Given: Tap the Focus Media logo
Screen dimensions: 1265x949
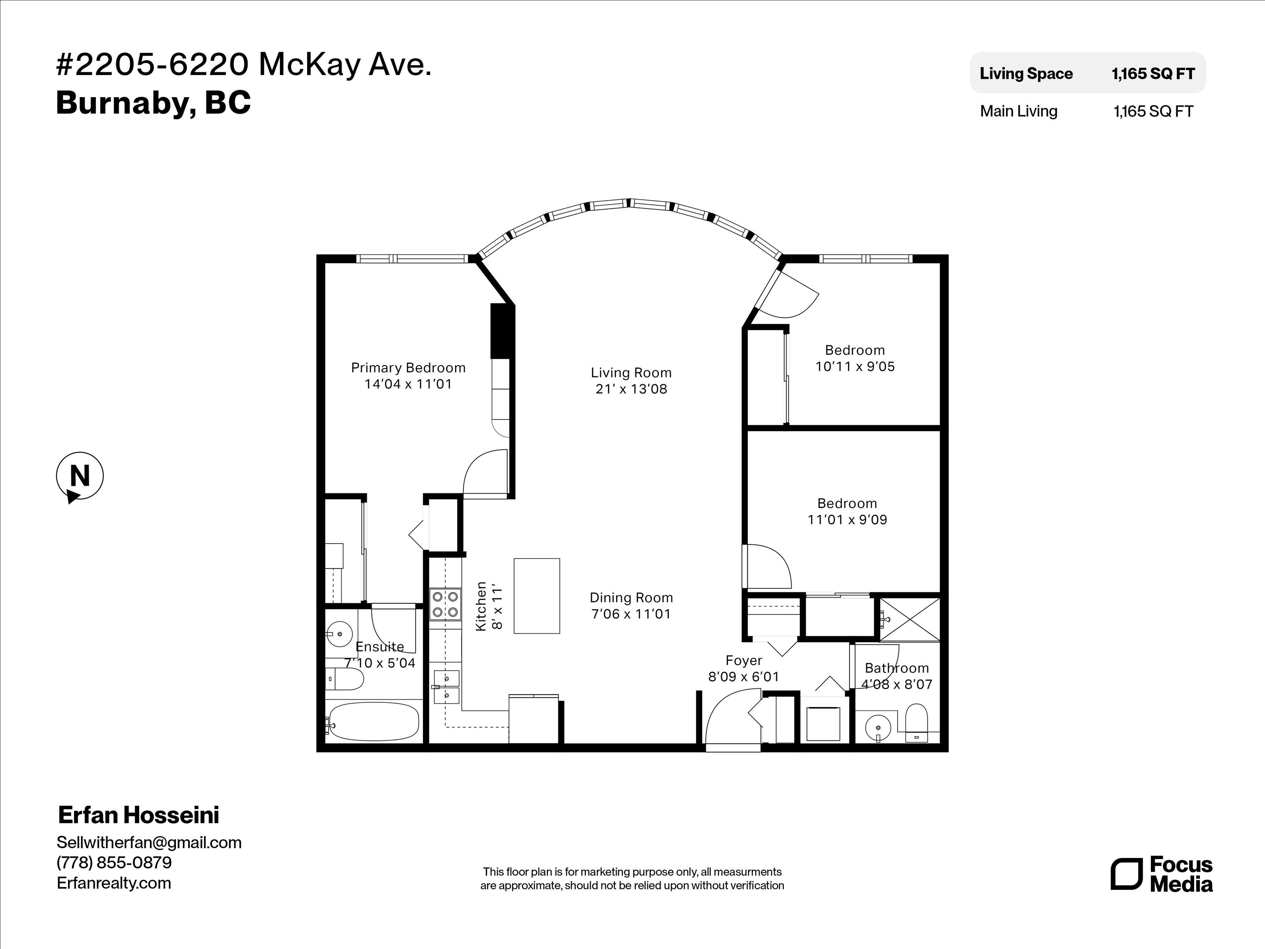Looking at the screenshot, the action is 1162,874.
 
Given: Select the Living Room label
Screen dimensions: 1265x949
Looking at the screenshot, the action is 631,373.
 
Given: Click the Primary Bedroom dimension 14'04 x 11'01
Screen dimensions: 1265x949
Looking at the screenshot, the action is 408,384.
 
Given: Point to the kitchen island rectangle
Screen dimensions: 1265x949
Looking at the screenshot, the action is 537,596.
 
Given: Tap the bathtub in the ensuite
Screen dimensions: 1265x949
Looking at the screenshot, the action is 374,721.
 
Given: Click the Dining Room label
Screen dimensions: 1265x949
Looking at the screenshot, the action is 631,598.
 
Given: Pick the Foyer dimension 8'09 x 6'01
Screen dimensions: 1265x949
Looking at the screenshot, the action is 743,677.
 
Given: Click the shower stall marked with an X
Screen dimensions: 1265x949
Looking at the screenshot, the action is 909,619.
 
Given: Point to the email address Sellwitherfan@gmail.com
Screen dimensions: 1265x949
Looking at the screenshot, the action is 149,843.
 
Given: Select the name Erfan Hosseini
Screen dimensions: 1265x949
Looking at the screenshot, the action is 138,815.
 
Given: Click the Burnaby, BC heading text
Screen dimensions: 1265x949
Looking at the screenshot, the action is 153,103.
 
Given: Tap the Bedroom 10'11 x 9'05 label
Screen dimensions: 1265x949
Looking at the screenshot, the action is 855,358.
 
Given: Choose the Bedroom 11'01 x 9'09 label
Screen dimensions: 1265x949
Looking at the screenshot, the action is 847,512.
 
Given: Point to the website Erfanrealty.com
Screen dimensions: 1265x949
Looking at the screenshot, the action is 114,883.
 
